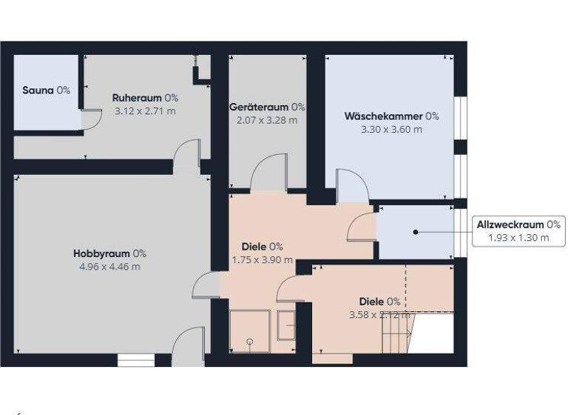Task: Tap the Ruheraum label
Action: click(x=145, y=98)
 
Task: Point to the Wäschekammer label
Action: click(x=391, y=116)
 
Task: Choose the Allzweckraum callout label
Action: click(x=518, y=225)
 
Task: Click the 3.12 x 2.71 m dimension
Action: click(x=145, y=111)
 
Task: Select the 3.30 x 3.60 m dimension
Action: click(x=391, y=130)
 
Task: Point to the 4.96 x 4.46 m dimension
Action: click(x=109, y=267)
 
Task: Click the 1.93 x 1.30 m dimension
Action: click(x=518, y=238)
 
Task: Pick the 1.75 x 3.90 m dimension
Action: click(x=263, y=260)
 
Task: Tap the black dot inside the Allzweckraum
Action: click(x=416, y=232)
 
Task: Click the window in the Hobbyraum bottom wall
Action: click(x=135, y=360)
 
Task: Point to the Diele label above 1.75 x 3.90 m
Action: click(x=263, y=247)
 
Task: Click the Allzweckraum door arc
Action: click(x=362, y=226)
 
